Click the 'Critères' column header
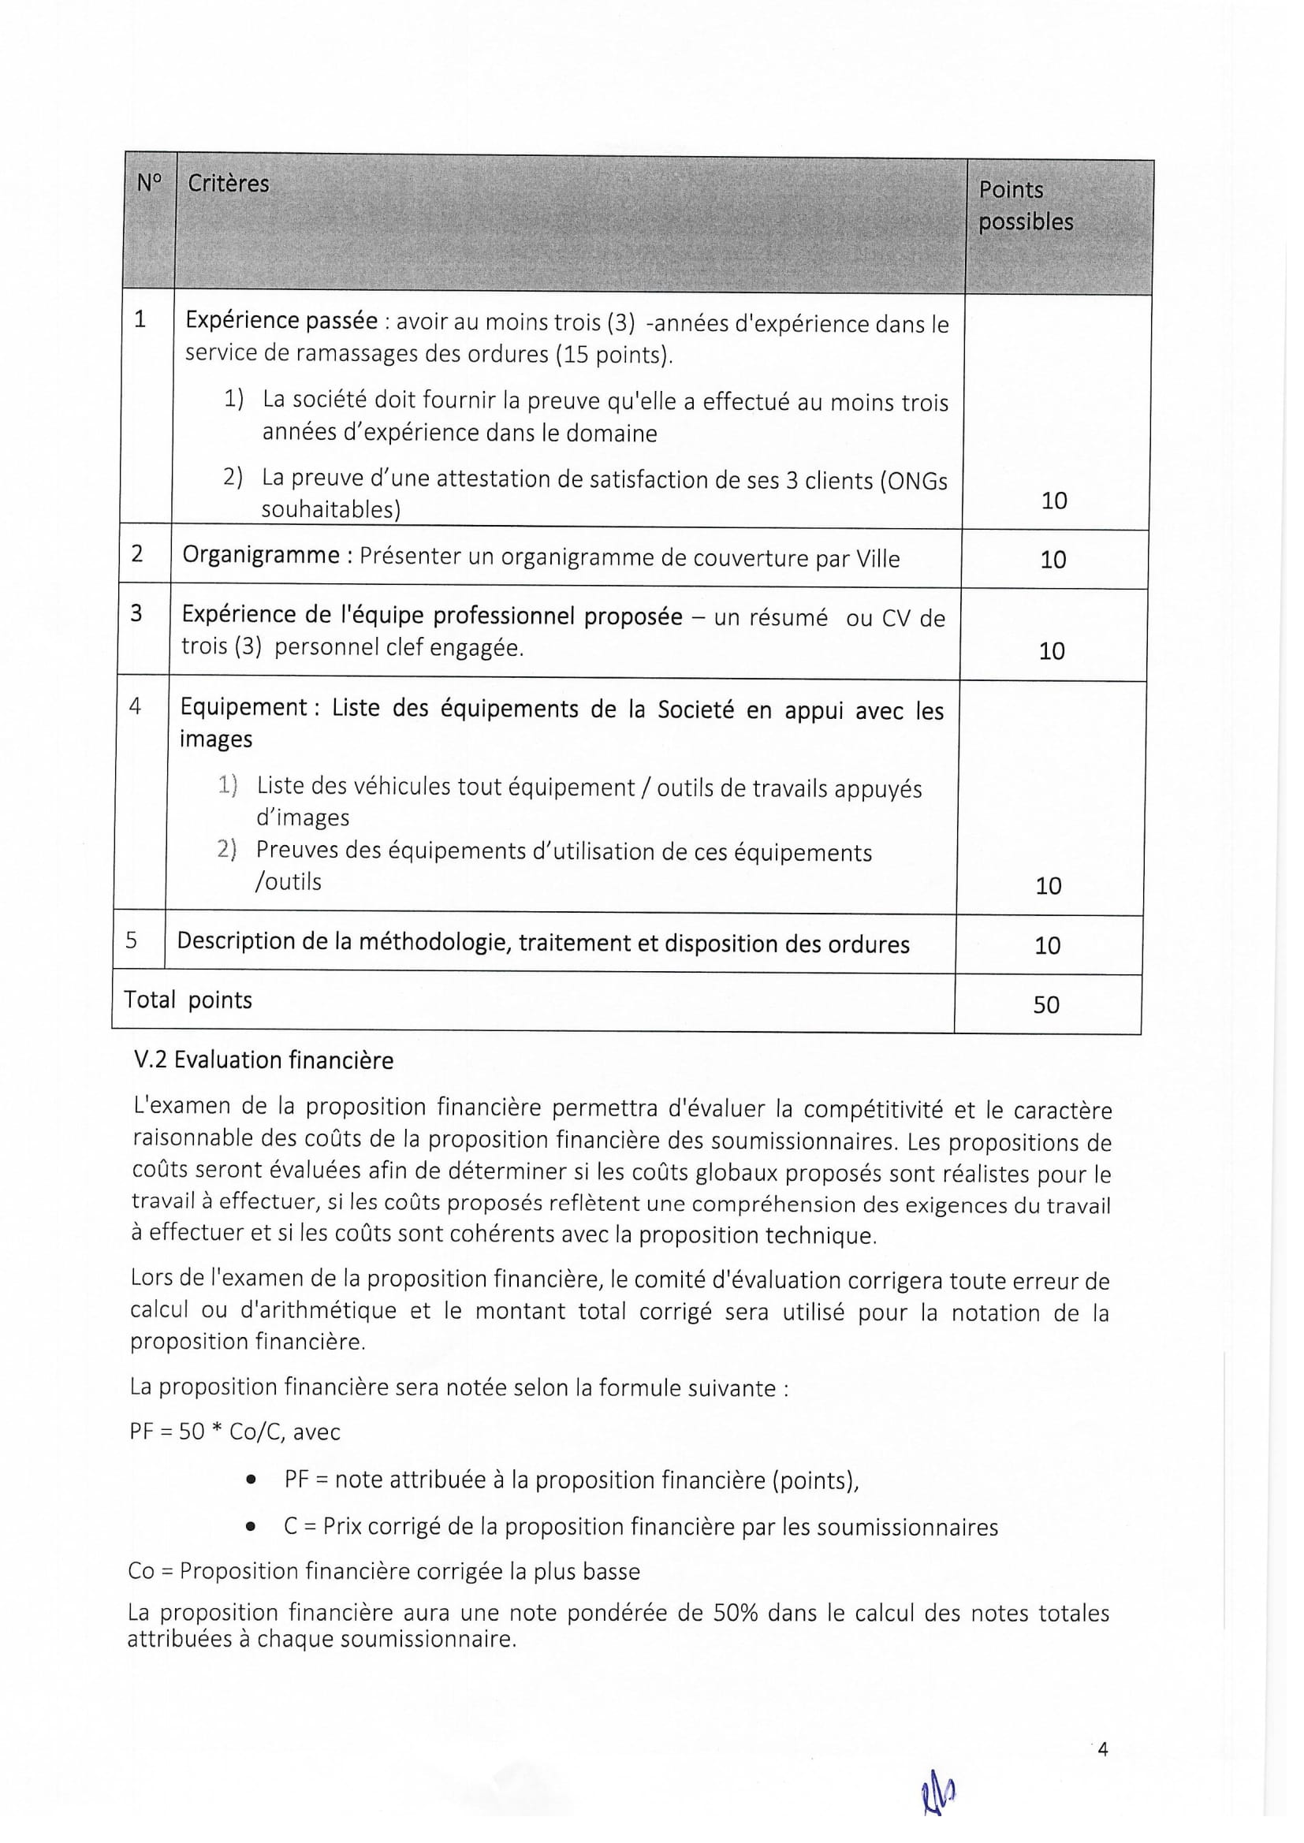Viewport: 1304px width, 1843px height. pos(228,184)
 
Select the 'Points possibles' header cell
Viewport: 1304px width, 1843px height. pos(1026,206)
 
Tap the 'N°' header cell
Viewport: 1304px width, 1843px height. pos(148,183)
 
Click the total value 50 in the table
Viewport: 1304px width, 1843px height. pos(1045,1004)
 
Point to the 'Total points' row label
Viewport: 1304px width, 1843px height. pos(188,1000)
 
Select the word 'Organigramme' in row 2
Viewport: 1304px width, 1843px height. pos(261,555)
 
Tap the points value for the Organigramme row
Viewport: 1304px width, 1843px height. pos(1053,560)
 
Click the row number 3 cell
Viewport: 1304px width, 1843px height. pos(136,613)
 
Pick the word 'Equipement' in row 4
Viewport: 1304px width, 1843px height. pos(244,707)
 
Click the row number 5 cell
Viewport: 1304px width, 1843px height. pos(132,939)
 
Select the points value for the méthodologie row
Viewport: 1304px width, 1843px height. pos(1047,945)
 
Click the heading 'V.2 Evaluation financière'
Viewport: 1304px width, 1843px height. pos(263,1060)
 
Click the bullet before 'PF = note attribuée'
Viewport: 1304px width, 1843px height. pos(252,1479)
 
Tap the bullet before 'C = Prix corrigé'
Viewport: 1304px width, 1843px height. pos(251,1526)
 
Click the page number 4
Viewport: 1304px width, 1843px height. pos(1102,1749)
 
